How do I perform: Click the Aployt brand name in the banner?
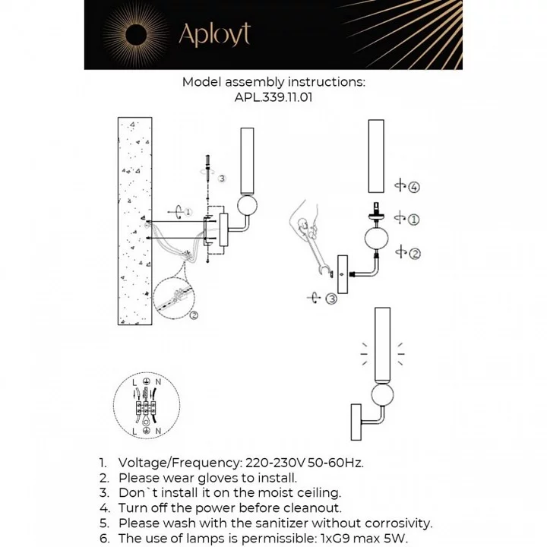pyautogui.click(x=214, y=34)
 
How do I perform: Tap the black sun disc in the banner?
pyautogui.click(x=136, y=35)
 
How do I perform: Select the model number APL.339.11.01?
pyautogui.click(x=273, y=97)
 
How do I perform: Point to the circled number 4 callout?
pyautogui.click(x=414, y=187)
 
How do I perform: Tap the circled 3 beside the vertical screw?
pyautogui.click(x=222, y=179)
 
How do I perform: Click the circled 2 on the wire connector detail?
pyautogui.click(x=194, y=315)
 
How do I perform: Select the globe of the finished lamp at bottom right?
pyautogui.click(x=382, y=394)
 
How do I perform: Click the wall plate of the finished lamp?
pyautogui.click(x=356, y=422)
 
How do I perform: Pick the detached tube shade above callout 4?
pyautogui.click(x=376, y=156)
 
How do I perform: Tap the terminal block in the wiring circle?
pyautogui.click(x=147, y=406)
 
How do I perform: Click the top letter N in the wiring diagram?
pyautogui.click(x=158, y=382)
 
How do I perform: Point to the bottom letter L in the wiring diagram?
pyautogui.click(x=134, y=432)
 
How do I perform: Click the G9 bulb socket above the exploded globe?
pyautogui.click(x=376, y=212)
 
